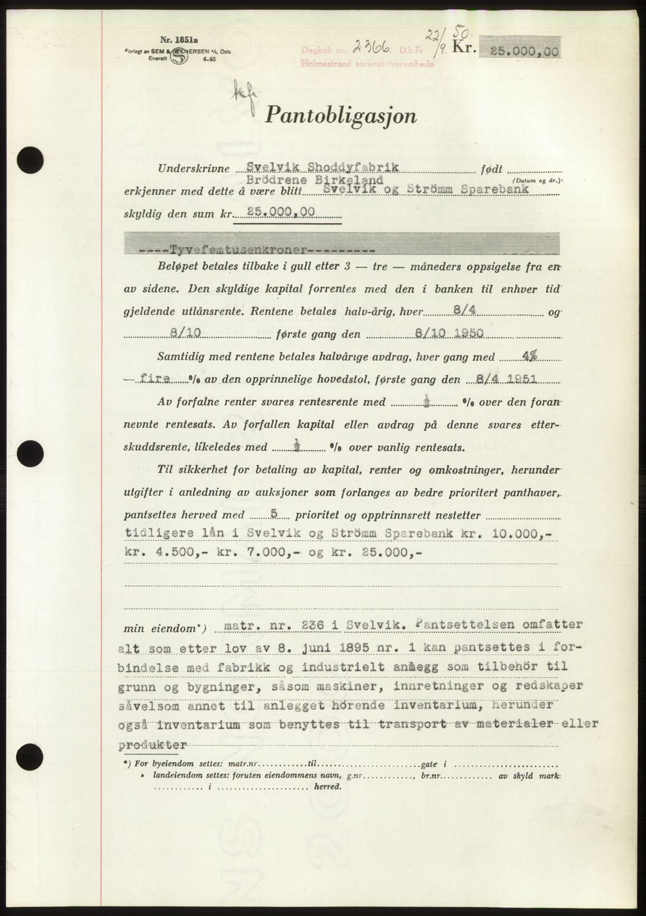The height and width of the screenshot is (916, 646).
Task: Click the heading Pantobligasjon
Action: tap(341, 116)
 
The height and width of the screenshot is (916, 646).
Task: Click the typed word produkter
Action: tap(153, 745)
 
